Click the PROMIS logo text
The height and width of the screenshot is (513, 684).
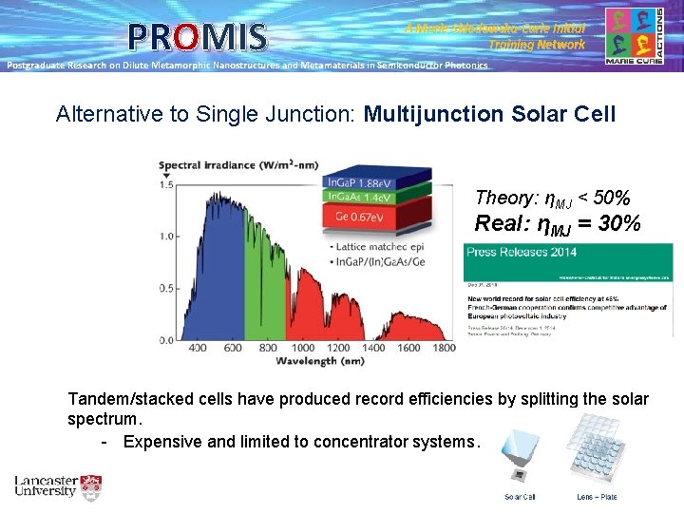coord(197,37)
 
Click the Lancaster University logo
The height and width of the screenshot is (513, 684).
coord(57,487)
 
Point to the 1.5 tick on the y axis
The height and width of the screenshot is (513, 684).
coord(166,185)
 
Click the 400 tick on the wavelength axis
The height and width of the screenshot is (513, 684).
coord(198,349)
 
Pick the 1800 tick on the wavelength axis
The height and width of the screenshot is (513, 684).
coord(444,349)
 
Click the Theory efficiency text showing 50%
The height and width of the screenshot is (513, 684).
coord(552,198)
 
